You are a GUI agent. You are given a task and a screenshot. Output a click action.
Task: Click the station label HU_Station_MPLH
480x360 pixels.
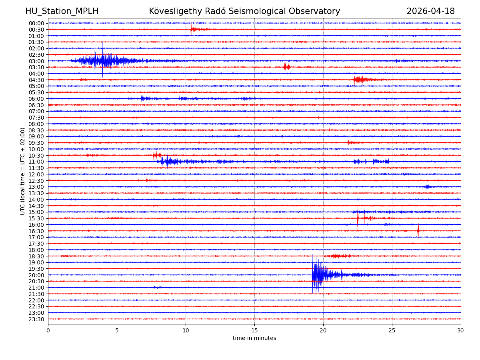pos(62,12)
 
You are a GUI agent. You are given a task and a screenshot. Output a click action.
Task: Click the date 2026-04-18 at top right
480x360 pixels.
pos(430,12)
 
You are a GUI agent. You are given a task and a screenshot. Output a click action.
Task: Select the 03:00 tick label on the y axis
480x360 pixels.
pos(36,61)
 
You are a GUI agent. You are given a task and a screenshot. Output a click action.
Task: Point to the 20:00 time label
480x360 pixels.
pos(36,275)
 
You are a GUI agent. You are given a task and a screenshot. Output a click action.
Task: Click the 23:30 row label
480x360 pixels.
pos(36,319)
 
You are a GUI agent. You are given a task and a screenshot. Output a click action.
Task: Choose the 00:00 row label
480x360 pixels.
pos(36,23)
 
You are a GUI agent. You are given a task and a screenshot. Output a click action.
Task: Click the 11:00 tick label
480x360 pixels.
pos(36,162)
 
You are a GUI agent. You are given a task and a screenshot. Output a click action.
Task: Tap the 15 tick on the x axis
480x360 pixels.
pos(254,331)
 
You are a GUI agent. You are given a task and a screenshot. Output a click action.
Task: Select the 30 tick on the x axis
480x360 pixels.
pos(460,331)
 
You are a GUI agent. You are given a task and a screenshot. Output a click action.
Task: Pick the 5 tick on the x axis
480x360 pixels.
pos(117,331)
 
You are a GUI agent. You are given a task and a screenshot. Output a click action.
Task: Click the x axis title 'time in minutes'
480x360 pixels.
pos(254,338)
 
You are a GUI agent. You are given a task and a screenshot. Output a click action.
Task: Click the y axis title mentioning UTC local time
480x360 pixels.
pos(23,171)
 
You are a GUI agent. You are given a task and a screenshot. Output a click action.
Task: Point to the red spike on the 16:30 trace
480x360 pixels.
pos(418,231)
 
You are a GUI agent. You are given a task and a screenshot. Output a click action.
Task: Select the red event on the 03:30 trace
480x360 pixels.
pos(286,67)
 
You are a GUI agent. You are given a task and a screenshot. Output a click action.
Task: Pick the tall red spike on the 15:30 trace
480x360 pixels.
pos(358,218)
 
